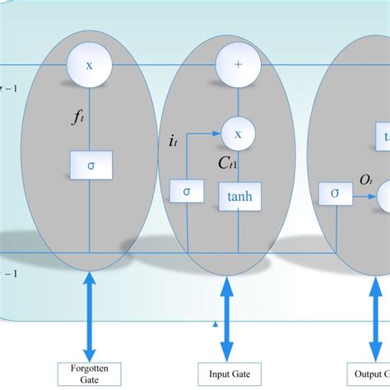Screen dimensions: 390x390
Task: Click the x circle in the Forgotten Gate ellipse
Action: [x=90, y=65]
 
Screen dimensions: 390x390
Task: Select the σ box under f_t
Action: [x=90, y=165]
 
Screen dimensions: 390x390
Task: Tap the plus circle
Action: [x=238, y=65]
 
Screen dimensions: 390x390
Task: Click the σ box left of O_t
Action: [x=334, y=193]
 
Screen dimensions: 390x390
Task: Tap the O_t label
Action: [x=366, y=179]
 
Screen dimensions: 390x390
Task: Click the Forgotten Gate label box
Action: [x=89, y=374]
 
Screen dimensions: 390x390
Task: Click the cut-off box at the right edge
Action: [x=383, y=136]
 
